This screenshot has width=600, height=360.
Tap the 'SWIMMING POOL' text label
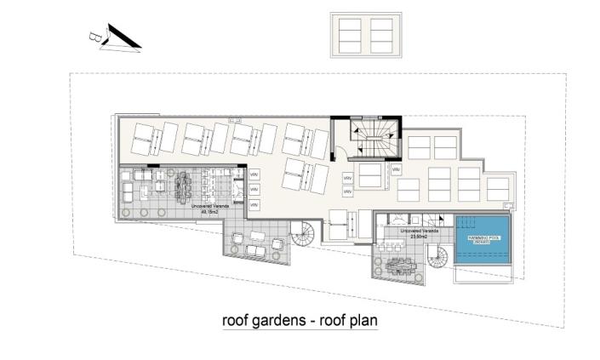tap(481, 238)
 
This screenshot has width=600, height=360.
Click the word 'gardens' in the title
tap(280, 322)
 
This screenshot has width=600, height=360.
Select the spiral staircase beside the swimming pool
tap(437, 256)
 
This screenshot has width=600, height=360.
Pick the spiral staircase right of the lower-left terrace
tap(302, 233)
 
